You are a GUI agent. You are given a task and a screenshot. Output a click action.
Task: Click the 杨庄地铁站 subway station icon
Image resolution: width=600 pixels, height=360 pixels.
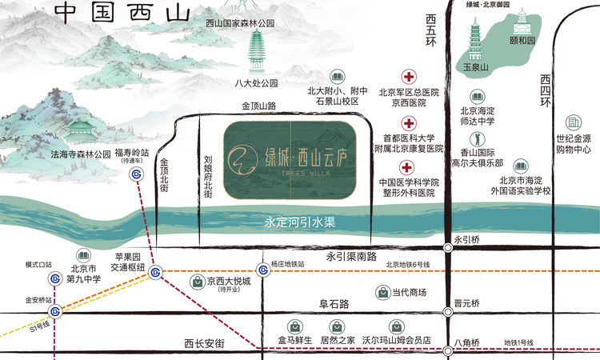pos(262,270)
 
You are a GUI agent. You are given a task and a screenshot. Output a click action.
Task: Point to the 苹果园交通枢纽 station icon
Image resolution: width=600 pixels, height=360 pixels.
pos(155,271)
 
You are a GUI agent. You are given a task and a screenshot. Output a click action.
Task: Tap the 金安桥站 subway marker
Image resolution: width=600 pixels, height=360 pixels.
pos(55,311)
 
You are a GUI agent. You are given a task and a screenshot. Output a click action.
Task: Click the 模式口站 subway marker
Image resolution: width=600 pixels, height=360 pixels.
pos(55,278)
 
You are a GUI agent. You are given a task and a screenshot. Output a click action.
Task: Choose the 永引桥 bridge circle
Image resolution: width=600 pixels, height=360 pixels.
pos(448,249)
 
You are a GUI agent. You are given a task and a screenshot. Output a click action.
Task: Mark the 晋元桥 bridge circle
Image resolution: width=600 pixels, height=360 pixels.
pos(448,311)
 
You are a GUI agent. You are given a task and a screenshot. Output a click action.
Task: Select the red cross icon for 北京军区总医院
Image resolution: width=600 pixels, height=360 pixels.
pos(409,78)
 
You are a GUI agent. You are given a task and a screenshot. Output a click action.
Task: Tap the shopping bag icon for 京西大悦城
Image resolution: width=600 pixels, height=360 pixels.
pos(197,282)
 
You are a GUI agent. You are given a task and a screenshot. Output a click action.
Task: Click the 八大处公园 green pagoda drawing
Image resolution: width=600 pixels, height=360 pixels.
pos(257,52)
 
